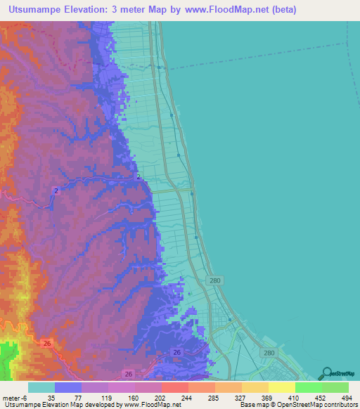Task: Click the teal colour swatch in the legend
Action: tap(41, 387)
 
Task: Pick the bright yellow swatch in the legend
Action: tap(281, 387)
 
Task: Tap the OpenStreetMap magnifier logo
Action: tap(326, 372)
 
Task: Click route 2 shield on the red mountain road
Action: tap(56, 190)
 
